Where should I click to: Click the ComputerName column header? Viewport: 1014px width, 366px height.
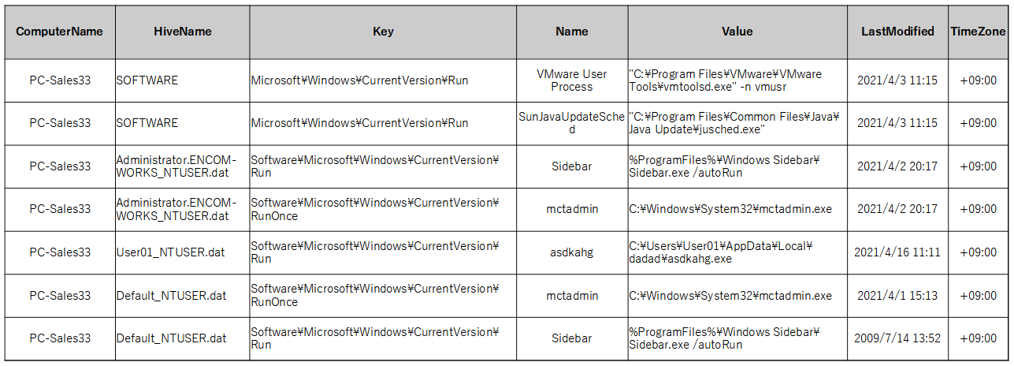click(59, 32)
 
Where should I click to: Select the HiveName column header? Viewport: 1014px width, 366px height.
click(183, 32)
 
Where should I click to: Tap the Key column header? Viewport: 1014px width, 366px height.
click(383, 32)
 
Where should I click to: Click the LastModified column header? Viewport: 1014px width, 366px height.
click(897, 32)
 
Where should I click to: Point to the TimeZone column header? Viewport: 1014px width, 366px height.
click(978, 32)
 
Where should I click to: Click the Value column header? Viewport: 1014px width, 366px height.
click(737, 32)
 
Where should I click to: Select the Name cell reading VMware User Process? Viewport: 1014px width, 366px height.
click(572, 80)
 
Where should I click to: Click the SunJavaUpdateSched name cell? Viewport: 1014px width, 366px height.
click(572, 123)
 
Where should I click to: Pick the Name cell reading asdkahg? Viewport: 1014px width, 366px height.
click(572, 252)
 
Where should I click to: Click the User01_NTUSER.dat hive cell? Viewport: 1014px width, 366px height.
click(171, 252)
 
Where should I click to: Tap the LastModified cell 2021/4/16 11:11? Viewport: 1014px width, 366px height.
click(897, 252)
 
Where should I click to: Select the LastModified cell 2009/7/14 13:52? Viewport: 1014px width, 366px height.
click(897, 338)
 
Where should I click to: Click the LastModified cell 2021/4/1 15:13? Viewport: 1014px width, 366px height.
click(897, 295)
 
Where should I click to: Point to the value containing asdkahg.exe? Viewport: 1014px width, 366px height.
click(721, 252)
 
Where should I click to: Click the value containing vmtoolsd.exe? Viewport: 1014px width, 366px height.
click(725, 80)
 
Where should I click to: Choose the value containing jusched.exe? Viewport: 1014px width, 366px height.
click(734, 123)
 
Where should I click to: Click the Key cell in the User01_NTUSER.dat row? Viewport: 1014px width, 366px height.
click(375, 252)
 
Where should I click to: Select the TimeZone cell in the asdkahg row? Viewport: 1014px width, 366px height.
click(978, 252)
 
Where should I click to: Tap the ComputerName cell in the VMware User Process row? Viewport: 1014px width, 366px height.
click(60, 80)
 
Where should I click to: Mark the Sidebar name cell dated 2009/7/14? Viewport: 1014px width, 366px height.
click(572, 338)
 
